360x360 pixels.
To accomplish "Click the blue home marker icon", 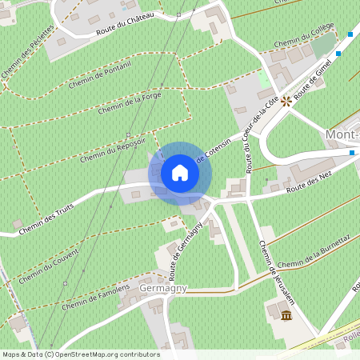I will pyautogui.click(x=180, y=172).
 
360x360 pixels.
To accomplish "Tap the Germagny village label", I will pyautogui.click(x=163, y=288).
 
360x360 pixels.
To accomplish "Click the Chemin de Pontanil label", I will pyautogui.click(x=100, y=75).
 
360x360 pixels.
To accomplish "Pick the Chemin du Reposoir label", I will pyautogui.click(x=111, y=145).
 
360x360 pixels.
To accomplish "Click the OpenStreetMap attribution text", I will pyautogui.click(x=81, y=354).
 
